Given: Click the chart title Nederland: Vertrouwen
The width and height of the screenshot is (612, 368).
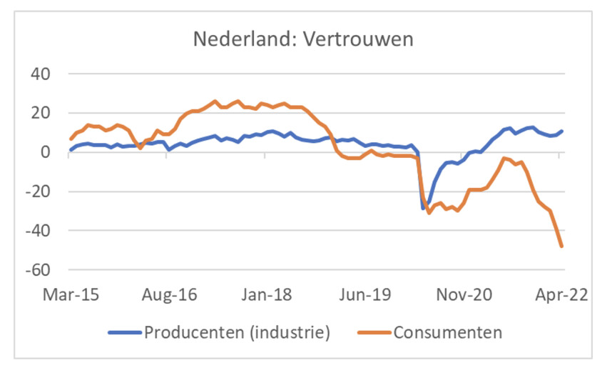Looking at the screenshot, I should click(303, 39).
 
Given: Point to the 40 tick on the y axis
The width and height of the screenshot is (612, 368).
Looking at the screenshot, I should click(45, 74).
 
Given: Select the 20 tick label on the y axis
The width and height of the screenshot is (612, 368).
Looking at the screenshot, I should click(45, 113).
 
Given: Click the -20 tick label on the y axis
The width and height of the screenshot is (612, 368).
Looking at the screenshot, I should click(41, 192).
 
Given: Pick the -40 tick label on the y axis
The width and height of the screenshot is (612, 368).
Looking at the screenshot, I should click(41, 231).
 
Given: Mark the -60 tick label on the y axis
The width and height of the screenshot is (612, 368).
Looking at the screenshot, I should click(41, 270).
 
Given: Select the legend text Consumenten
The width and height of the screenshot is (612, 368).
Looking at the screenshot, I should click(448, 332).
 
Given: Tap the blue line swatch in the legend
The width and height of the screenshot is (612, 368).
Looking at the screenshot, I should click(125, 332).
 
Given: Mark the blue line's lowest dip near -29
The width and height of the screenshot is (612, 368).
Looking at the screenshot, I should click(423, 209).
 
